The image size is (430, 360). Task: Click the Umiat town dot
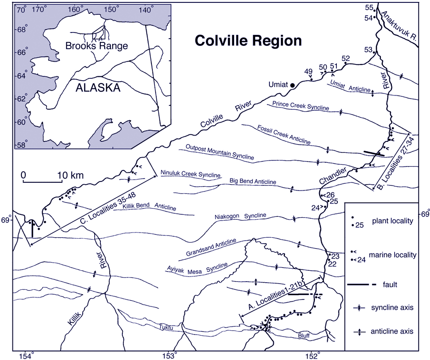[x=292, y=85]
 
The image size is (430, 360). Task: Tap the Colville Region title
[x=248, y=41]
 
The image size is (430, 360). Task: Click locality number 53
[x=367, y=50]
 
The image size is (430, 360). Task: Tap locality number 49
[x=309, y=72]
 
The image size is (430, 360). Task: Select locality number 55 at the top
[x=368, y=7]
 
